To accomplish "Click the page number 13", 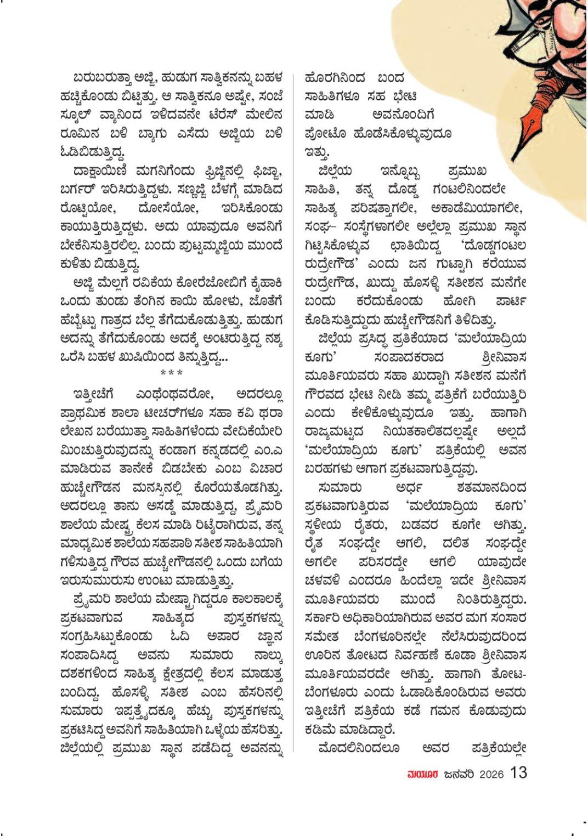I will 518,773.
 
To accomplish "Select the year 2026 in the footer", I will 491,774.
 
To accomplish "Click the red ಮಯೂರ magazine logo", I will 422,774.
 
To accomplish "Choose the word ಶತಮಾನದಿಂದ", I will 491,487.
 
